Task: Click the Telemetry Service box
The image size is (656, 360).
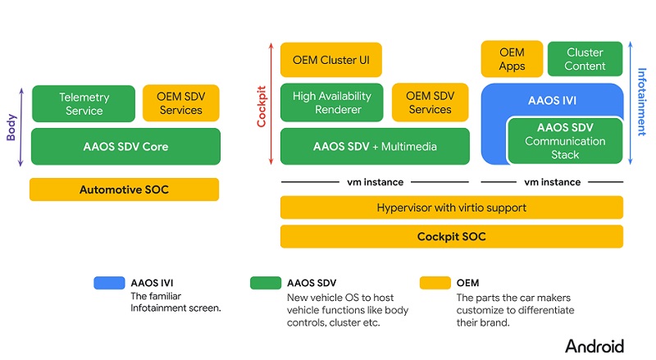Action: (84, 103)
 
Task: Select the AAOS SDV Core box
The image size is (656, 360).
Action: (125, 147)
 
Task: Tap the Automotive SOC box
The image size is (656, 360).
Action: (124, 189)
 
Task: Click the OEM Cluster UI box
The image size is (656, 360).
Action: (331, 60)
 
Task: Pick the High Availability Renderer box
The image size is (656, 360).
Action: (331, 103)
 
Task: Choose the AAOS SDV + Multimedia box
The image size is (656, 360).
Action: (374, 147)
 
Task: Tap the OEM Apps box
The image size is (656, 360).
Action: (512, 59)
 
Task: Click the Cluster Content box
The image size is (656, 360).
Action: (585, 59)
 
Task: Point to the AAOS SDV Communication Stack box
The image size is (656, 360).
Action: (565, 140)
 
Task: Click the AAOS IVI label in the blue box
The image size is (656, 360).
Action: (552, 100)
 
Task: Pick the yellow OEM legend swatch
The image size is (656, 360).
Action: (436, 283)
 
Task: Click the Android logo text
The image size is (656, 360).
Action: (594, 345)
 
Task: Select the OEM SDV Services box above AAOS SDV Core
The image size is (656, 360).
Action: (181, 103)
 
